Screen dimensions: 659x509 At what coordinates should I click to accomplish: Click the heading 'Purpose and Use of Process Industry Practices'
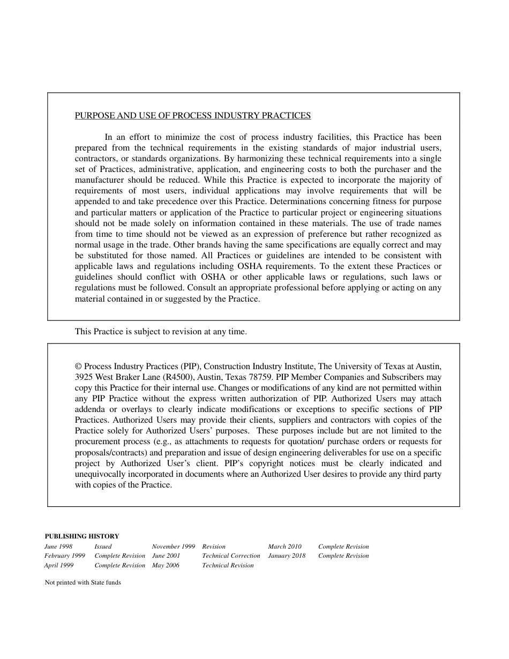click(192, 116)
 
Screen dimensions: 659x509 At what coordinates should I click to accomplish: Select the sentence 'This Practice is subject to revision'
click(161, 332)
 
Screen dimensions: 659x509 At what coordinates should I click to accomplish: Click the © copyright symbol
click(78, 366)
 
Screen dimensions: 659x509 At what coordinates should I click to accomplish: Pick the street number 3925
click(84, 377)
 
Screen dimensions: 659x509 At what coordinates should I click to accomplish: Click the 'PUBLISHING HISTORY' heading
click(81, 536)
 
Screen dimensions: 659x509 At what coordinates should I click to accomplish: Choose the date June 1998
click(58, 547)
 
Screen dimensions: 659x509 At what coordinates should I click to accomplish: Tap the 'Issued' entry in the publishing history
click(103, 547)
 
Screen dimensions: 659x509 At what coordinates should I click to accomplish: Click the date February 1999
click(64, 556)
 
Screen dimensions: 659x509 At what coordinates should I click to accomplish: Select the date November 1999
click(173, 547)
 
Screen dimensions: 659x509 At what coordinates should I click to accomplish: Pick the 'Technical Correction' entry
click(231, 556)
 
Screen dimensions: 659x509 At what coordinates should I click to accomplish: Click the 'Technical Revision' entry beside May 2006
click(228, 566)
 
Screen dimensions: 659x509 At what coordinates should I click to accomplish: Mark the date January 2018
click(287, 556)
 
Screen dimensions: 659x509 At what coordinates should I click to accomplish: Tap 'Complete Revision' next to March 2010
click(343, 547)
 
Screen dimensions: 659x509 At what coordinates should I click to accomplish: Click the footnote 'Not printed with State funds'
click(83, 583)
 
